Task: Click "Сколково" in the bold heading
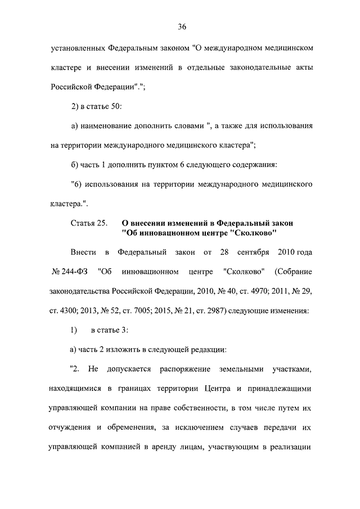[235, 233]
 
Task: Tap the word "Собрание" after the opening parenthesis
[295, 272]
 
